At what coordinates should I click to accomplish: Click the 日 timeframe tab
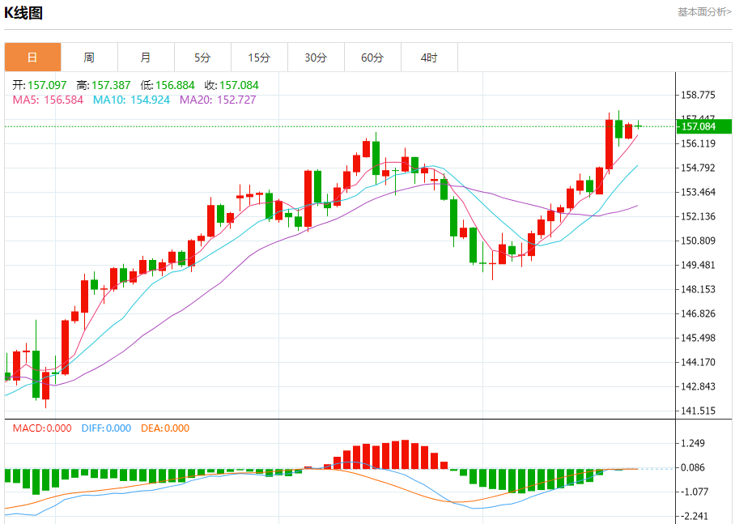[32, 58]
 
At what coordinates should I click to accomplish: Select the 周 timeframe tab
[89, 58]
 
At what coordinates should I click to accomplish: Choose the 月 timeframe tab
[146, 58]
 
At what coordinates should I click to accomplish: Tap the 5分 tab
[202, 58]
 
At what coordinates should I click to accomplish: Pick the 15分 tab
[259, 58]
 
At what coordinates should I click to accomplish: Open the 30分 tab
[316, 58]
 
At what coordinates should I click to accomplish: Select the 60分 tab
[372, 58]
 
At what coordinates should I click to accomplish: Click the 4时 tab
[429, 58]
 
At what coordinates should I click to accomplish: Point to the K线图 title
[23, 13]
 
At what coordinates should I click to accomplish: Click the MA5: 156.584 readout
[48, 100]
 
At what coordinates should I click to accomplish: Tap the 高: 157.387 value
[104, 85]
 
